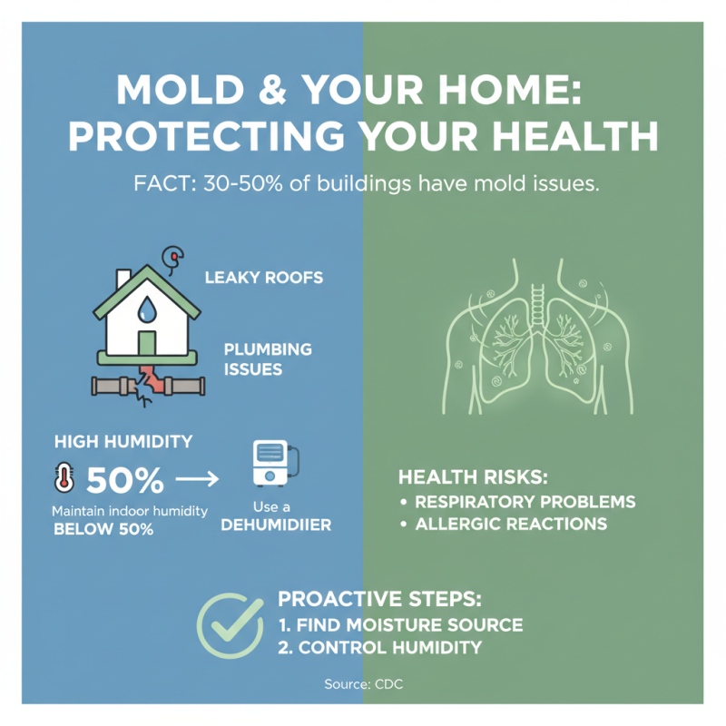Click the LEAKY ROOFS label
pyautogui.click(x=263, y=278)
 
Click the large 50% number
pyautogui.click(x=124, y=476)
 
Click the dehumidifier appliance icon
pyautogui.click(x=272, y=464)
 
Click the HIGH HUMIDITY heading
pyautogui.click(x=123, y=442)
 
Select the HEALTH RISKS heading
pyautogui.click(x=475, y=477)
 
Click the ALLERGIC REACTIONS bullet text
pyautogui.click(x=510, y=525)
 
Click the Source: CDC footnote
pyautogui.click(x=362, y=684)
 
